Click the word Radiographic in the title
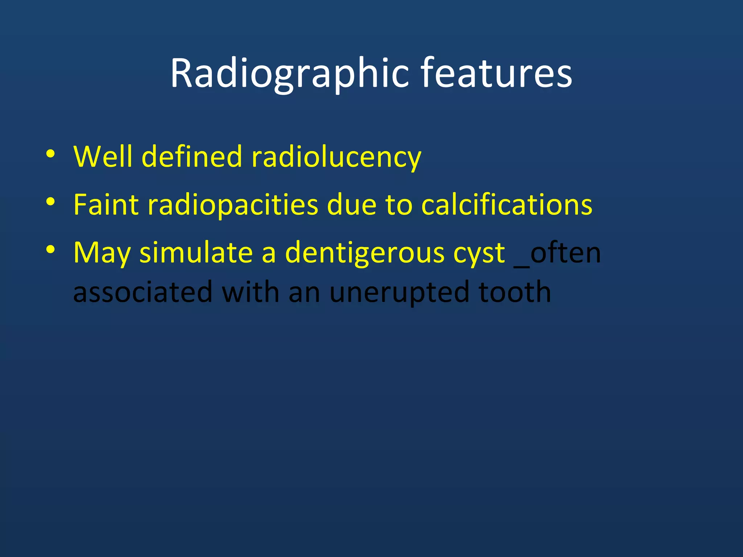click(x=289, y=74)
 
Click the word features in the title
click(x=496, y=74)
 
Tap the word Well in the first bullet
click(x=103, y=157)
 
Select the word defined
click(x=191, y=157)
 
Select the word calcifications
click(x=506, y=205)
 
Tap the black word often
click(x=565, y=252)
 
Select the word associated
click(x=143, y=292)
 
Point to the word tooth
click(x=514, y=292)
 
